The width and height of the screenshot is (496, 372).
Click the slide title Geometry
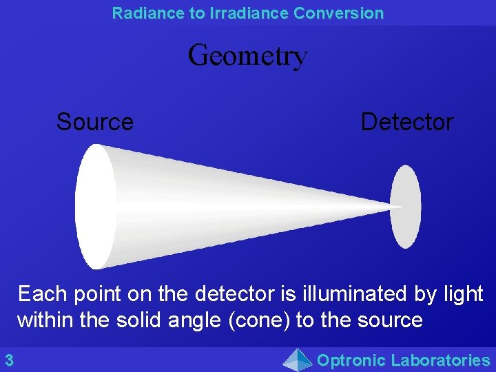click(247, 56)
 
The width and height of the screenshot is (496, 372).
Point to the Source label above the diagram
click(94, 122)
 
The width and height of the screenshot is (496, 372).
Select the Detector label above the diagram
click(406, 122)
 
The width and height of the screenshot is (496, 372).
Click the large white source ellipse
click(94, 206)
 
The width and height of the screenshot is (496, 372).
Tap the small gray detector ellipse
click(406, 206)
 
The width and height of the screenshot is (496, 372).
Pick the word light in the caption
click(463, 294)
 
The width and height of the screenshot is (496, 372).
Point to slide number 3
click(9, 360)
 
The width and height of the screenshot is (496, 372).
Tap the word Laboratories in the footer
click(440, 360)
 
